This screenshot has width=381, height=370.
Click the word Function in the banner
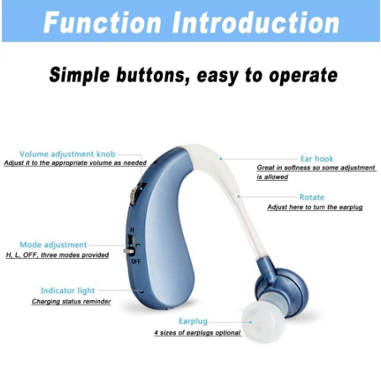click(x=102, y=23)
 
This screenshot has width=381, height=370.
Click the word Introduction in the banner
click(x=256, y=23)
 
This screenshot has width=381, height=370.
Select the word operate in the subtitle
click(x=303, y=76)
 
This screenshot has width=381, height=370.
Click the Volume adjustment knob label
click(x=67, y=154)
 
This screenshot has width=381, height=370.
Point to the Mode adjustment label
click(x=53, y=245)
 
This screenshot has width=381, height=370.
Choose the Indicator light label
click(x=68, y=291)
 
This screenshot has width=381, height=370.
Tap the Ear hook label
click(x=317, y=159)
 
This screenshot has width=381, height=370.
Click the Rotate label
click(x=312, y=197)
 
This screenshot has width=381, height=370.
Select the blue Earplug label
click(x=193, y=321)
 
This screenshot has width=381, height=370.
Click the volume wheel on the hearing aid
click(x=134, y=194)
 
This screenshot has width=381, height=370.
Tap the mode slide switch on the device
click(x=130, y=246)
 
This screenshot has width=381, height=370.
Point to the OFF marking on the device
click(x=136, y=262)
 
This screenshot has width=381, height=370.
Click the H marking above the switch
click(x=133, y=230)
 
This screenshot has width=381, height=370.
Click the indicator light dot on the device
click(x=142, y=291)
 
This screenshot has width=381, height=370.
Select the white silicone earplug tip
click(x=263, y=320)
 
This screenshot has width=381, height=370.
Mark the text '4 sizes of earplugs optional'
click(x=198, y=333)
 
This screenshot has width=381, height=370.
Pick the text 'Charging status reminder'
click(x=71, y=302)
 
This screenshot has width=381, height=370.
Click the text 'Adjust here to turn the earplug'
click(x=315, y=208)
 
